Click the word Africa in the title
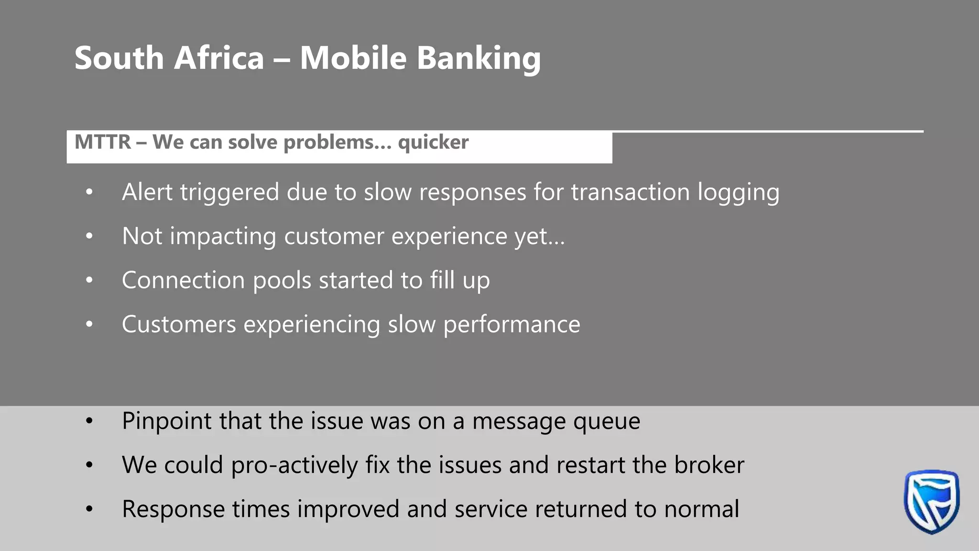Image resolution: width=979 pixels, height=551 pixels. click(x=219, y=58)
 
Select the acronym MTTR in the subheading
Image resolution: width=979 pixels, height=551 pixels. click(x=103, y=142)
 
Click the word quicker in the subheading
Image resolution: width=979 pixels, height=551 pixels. click(x=433, y=143)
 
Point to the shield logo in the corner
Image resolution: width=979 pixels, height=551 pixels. click(x=931, y=501)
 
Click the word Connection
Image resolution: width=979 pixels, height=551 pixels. click(x=183, y=280)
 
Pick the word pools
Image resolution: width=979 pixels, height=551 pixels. click(x=282, y=281)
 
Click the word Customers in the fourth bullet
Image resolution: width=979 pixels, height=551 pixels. click(x=179, y=324)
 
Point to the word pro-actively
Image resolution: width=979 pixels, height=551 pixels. click(x=294, y=465)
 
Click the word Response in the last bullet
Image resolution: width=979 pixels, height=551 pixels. click(x=173, y=509)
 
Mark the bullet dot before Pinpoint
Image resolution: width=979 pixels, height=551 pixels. click(x=89, y=421)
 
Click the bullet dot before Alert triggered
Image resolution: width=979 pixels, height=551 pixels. click(x=89, y=192)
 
